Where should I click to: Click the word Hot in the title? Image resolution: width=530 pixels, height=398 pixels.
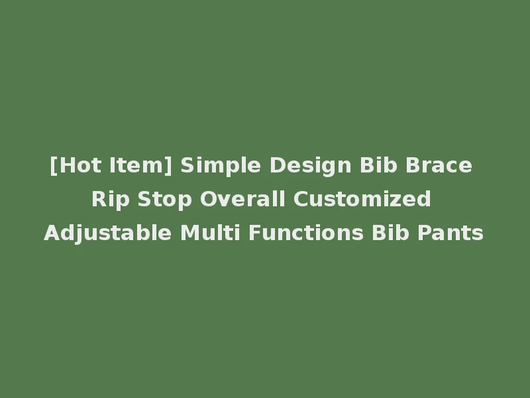pyautogui.click(x=77, y=165)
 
